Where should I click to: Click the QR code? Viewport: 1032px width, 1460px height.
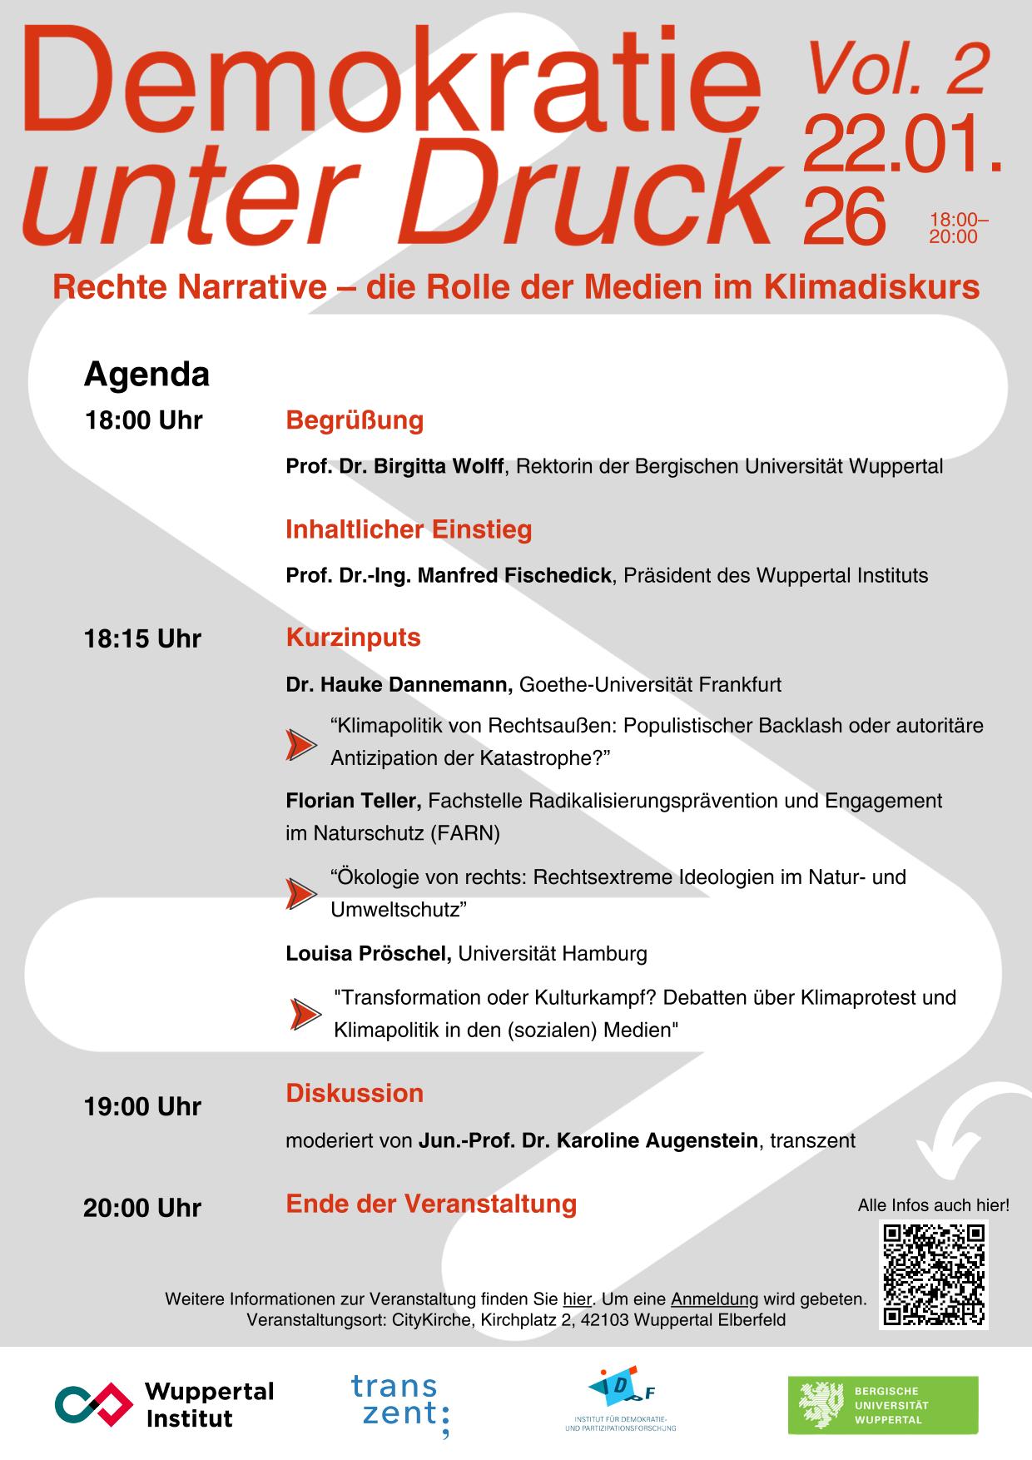point(934,1274)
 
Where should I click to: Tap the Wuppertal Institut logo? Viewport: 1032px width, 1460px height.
point(165,1404)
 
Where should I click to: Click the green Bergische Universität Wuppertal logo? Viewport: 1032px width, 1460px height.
point(883,1405)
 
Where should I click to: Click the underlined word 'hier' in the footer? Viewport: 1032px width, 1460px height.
point(577,1299)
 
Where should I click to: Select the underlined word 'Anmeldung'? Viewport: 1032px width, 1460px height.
point(714,1299)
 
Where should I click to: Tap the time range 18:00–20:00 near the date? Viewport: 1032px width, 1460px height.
point(957,228)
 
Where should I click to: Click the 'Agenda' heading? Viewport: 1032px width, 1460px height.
point(146,375)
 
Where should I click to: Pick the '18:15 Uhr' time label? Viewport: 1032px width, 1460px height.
point(142,638)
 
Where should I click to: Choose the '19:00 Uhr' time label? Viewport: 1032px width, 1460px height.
point(142,1106)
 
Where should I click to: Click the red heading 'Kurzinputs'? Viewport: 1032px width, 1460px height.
point(353,638)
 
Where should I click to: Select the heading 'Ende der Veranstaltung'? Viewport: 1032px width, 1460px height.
point(431,1204)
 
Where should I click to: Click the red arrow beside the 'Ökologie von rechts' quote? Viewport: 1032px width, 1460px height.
point(300,893)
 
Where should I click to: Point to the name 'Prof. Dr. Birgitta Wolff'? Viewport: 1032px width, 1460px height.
point(394,466)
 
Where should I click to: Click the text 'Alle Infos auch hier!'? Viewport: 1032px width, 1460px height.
point(933,1204)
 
